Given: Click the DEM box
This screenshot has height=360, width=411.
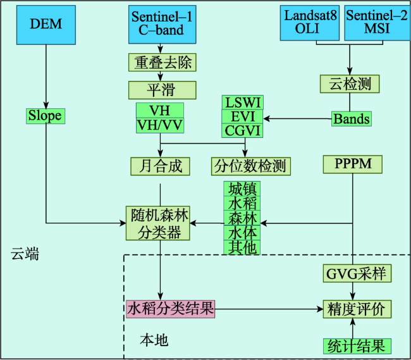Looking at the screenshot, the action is [46, 25].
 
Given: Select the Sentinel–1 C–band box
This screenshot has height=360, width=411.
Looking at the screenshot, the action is [163, 25].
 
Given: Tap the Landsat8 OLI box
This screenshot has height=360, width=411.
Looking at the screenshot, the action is [310, 23].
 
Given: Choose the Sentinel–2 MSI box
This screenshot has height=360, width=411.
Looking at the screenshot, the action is [377, 23].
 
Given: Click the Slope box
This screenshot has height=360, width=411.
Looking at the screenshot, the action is [46, 116].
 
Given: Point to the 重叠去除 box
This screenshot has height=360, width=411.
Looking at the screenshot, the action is [163, 63].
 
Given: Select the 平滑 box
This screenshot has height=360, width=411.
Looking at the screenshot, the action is [163, 90].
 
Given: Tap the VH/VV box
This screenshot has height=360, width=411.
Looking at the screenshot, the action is [160, 126].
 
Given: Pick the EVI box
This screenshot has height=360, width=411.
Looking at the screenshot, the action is [242, 116].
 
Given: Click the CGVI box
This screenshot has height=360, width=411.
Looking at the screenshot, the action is [242, 130].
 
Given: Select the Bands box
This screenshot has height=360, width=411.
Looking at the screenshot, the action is [352, 119].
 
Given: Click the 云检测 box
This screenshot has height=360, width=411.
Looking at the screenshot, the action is [350, 84].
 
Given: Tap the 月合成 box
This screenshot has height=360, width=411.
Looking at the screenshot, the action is [160, 166].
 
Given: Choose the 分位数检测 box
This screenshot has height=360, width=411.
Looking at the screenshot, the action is [251, 166].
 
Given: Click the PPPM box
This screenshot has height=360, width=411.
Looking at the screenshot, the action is [353, 164].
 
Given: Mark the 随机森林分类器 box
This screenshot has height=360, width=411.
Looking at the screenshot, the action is [158, 223].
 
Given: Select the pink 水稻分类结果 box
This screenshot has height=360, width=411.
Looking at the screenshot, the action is [170, 309].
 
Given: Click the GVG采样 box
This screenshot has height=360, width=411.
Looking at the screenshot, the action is [357, 273].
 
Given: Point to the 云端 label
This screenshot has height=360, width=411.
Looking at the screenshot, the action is [25, 254].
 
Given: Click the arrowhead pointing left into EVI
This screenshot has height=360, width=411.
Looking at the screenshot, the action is [267, 119].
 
